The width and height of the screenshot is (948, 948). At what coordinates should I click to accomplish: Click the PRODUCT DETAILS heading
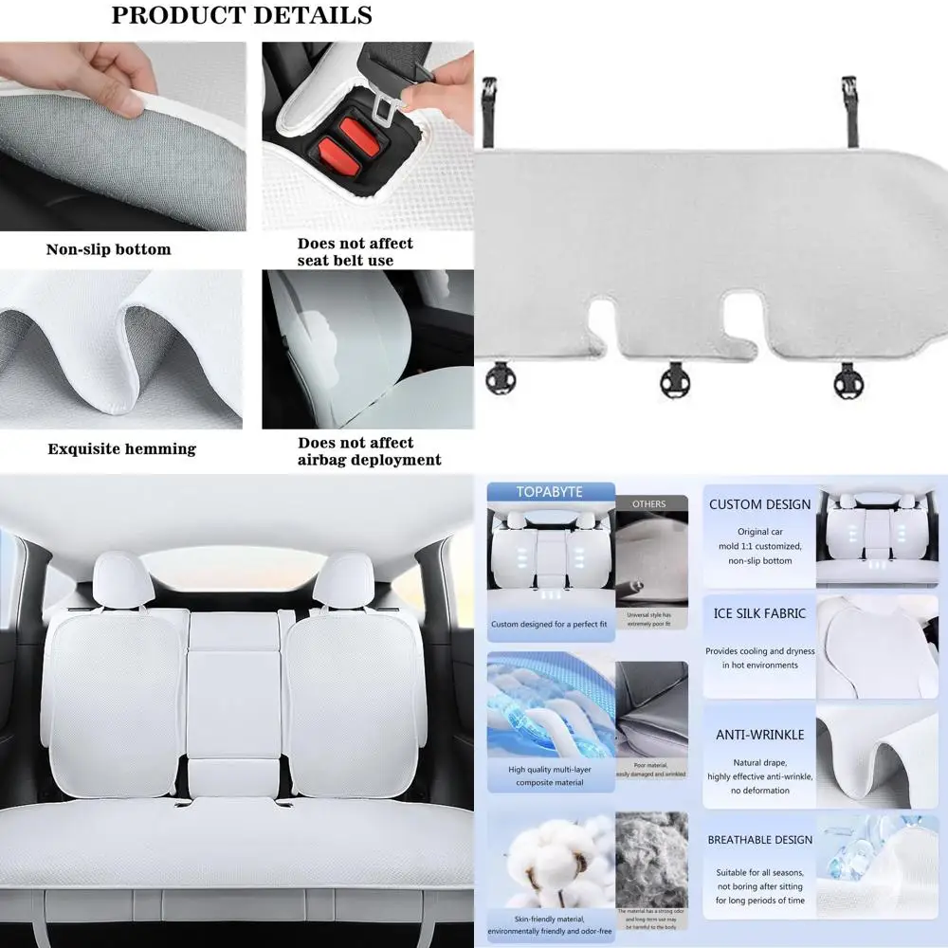(242, 16)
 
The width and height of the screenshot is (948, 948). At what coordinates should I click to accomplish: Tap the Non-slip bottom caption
(109, 250)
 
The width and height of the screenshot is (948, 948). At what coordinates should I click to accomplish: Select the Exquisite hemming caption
(122, 448)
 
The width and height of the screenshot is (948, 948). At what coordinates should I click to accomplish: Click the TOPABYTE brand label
(549, 492)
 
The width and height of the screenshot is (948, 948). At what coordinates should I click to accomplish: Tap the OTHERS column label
(648, 504)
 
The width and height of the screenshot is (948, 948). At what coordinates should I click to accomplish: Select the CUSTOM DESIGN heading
(760, 504)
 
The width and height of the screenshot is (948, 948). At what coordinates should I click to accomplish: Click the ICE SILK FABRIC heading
(759, 613)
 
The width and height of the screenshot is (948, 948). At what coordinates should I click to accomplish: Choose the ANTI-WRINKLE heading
(759, 735)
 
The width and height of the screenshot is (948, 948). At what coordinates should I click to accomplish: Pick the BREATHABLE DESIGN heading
(760, 840)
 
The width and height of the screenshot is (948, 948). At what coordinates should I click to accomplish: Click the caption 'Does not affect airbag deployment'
(369, 451)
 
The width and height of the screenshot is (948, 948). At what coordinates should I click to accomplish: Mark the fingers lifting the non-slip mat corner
(133, 79)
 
